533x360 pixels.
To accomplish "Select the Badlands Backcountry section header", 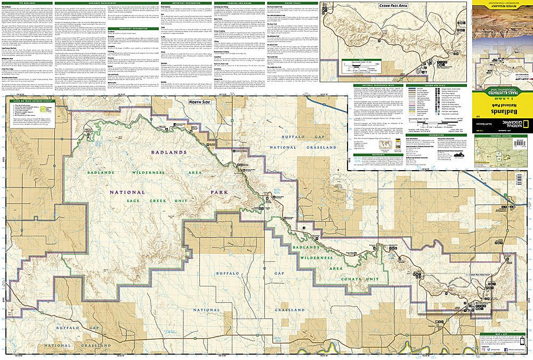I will pyautogui.click(x=101, y=3).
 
